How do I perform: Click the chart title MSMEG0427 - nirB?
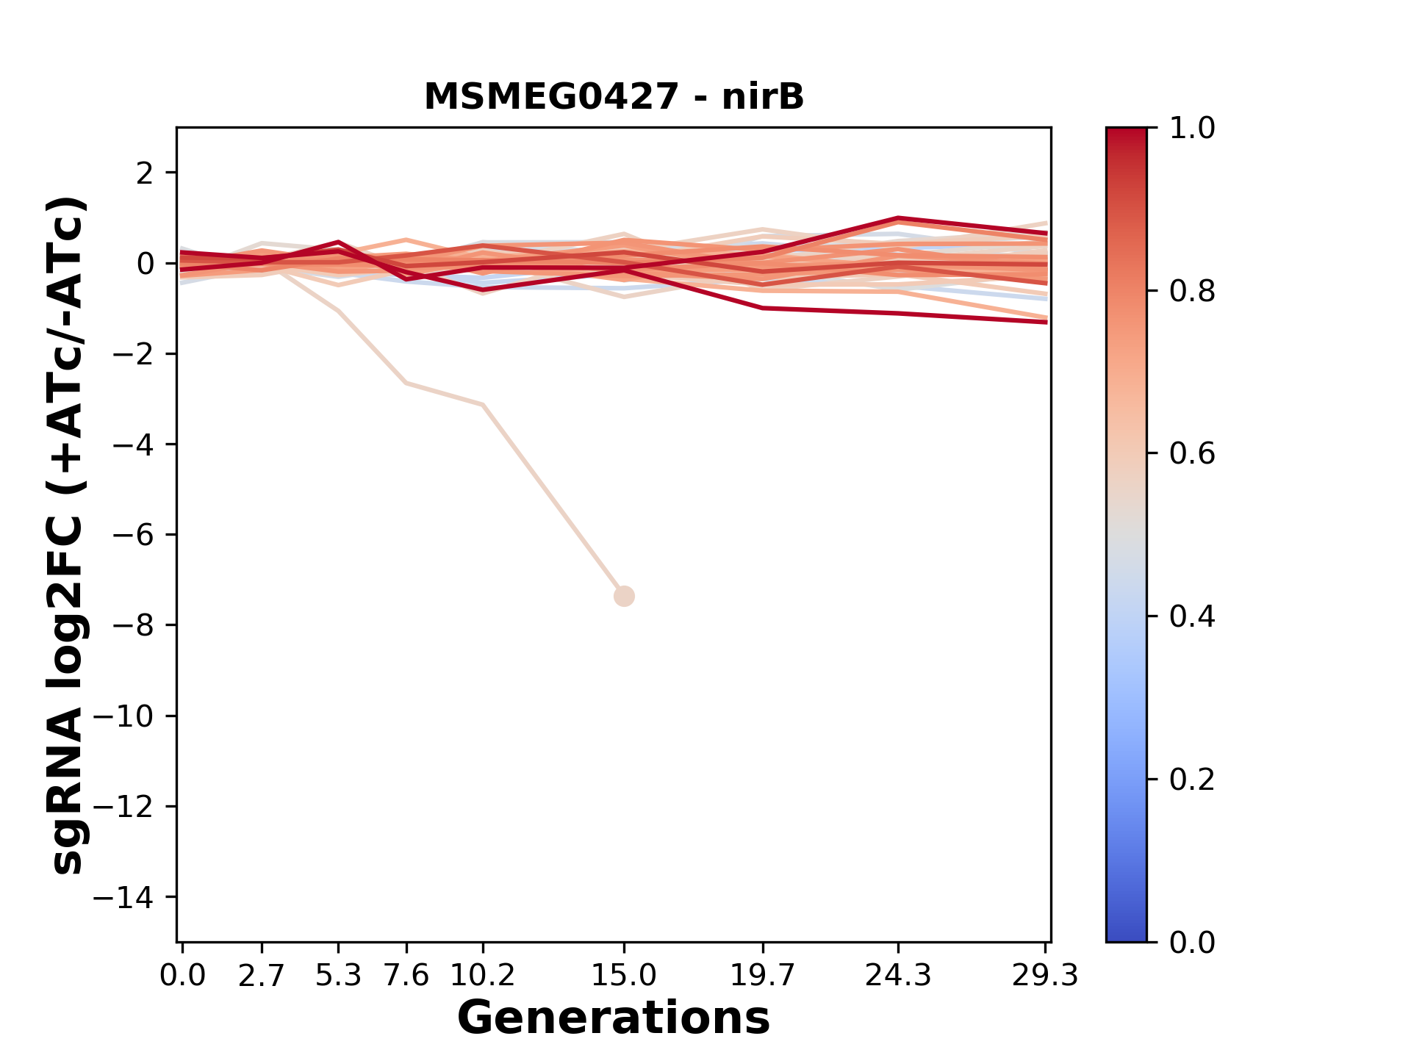click(x=614, y=97)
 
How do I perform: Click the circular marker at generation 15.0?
click(x=624, y=596)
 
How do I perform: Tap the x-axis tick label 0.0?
click(x=182, y=976)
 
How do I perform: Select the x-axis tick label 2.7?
click(x=262, y=976)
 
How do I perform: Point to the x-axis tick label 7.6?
click(x=406, y=976)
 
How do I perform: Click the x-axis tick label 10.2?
click(x=482, y=976)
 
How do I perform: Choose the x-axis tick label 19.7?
click(x=763, y=976)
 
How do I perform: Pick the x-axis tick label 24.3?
click(x=897, y=976)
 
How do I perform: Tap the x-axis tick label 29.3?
click(x=1045, y=976)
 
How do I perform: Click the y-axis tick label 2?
click(x=146, y=173)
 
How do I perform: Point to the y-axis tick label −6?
click(x=133, y=535)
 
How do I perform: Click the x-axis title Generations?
click(x=614, y=1018)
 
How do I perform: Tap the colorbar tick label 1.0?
click(x=1192, y=129)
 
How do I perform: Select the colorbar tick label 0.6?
click(x=1192, y=454)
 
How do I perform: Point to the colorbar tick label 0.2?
click(x=1192, y=780)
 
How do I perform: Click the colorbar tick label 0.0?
click(x=1192, y=942)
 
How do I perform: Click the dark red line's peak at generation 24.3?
click(x=898, y=218)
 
